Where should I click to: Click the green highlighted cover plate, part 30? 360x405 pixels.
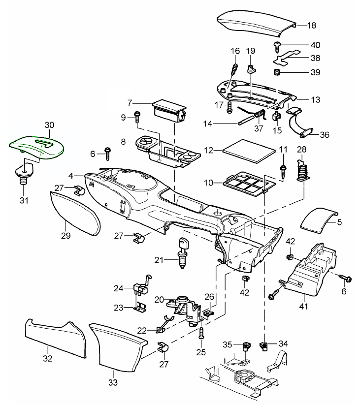(x=37, y=146)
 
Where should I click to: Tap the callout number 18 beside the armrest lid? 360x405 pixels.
(x=311, y=25)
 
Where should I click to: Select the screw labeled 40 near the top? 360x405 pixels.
(x=278, y=46)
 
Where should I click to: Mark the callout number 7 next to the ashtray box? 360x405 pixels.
(x=130, y=103)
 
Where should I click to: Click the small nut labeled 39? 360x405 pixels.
(x=278, y=73)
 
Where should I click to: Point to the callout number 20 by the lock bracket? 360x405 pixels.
(x=159, y=299)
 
